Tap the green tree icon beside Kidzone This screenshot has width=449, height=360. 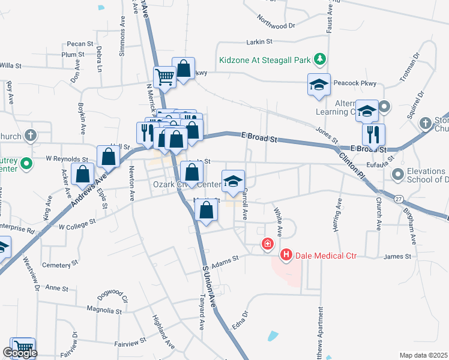321,59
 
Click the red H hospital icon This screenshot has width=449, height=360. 286,256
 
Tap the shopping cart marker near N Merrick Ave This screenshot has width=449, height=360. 164,77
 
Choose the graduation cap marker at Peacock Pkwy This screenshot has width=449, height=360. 319,85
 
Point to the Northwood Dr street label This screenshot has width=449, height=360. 277,25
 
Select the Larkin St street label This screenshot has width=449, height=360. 259,42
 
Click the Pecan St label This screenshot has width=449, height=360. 80,44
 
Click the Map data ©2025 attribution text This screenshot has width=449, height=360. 423,355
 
